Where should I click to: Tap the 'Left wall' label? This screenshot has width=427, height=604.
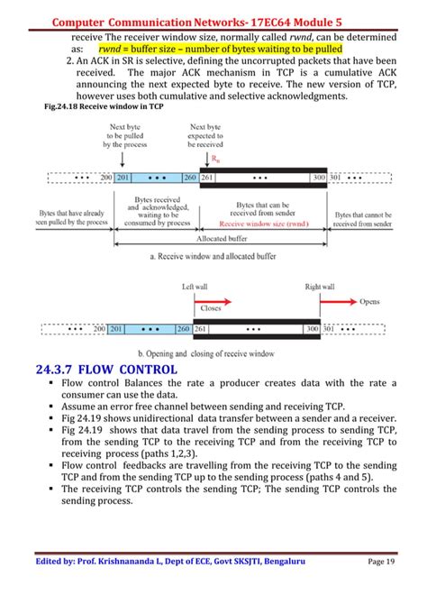195,287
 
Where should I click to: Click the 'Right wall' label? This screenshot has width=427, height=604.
319,287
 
